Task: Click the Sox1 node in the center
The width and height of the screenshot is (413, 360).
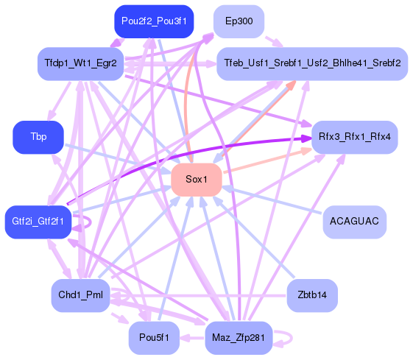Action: pyautogui.click(x=196, y=180)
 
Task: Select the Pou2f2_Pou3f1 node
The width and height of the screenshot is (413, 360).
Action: pyautogui.click(x=154, y=21)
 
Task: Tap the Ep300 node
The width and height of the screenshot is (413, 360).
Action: pyautogui.click(x=239, y=21)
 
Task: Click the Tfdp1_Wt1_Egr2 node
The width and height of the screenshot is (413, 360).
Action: pyautogui.click(x=80, y=63)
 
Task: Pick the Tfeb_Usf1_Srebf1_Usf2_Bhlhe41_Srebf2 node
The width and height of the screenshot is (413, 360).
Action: pyautogui.click(x=311, y=63)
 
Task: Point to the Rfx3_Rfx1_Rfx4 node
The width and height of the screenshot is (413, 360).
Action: pyautogui.click(x=354, y=137)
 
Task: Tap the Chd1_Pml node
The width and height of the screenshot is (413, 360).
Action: pyautogui.click(x=80, y=296)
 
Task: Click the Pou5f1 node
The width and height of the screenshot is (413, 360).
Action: pyautogui.click(x=154, y=338)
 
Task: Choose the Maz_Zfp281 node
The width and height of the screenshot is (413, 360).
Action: pyautogui.click(x=239, y=338)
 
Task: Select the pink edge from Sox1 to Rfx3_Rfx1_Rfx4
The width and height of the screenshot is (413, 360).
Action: pyautogui.click(x=265, y=163)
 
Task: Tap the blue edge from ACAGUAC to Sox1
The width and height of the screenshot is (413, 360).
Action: pyautogui.click(x=272, y=201)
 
